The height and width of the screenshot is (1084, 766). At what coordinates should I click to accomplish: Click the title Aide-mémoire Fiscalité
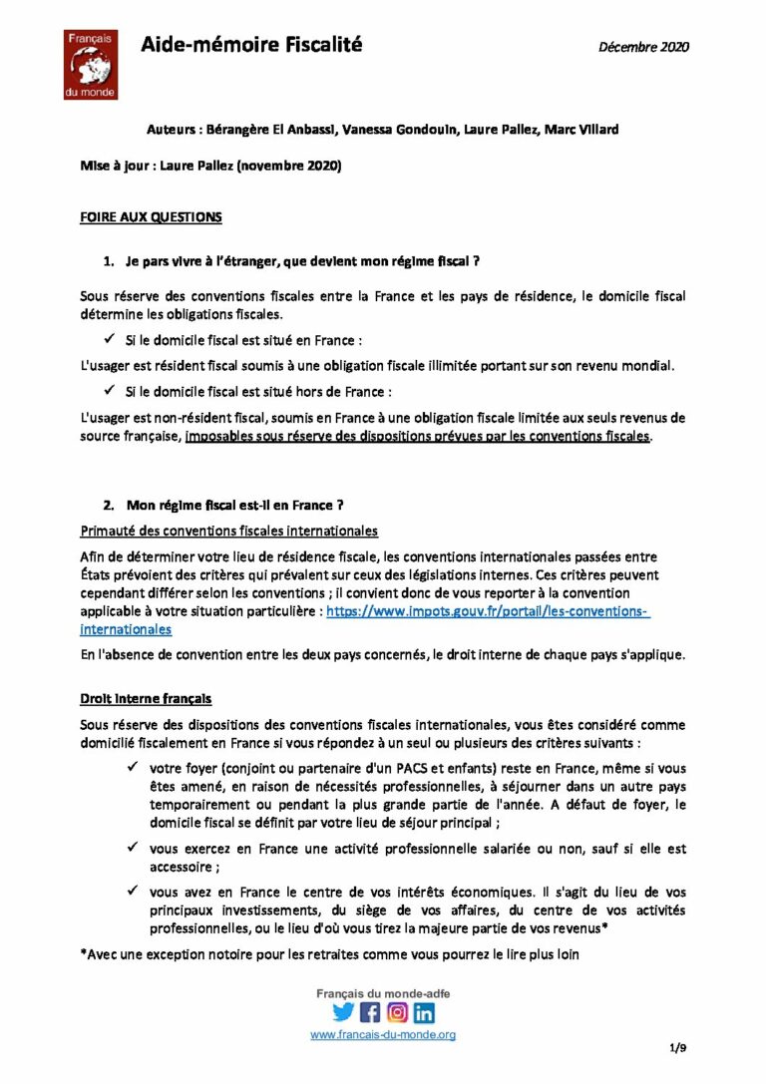[x=250, y=45]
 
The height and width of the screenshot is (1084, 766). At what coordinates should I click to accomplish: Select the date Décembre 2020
[x=643, y=46]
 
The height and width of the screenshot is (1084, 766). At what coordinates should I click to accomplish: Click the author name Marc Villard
[x=580, y=130]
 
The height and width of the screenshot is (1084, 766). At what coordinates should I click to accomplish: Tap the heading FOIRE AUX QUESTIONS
[x=151, y=216]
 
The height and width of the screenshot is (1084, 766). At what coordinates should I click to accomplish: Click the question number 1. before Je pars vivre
[x=110, y=262]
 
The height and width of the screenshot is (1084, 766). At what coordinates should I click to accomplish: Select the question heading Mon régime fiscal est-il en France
[x=235, y=505]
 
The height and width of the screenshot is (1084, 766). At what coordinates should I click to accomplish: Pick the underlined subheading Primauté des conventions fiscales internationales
[x=228, y=530]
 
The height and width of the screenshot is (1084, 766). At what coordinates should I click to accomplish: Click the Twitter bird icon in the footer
[x=343, y=1013]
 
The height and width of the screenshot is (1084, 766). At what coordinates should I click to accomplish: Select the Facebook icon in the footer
[x=370, y=1013]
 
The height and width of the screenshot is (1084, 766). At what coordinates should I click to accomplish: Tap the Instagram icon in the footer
[x=397, y=1013]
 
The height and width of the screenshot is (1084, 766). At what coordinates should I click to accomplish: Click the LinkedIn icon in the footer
[x=424, y=1013]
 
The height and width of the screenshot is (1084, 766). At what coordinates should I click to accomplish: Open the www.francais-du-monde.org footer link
[x=383, y=1035]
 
